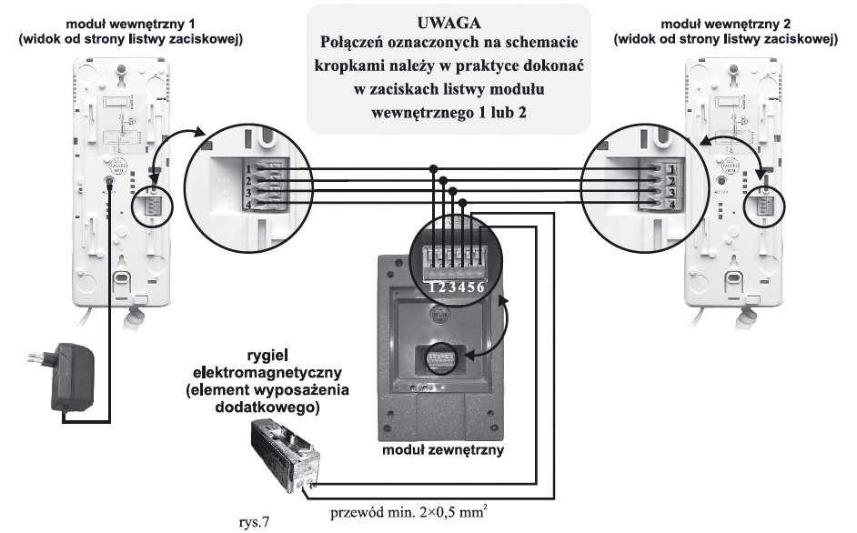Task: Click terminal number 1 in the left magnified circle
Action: [x=258, y=168]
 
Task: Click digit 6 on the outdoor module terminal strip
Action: [x=489, y=287]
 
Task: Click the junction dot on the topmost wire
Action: [x=433, y=168]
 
